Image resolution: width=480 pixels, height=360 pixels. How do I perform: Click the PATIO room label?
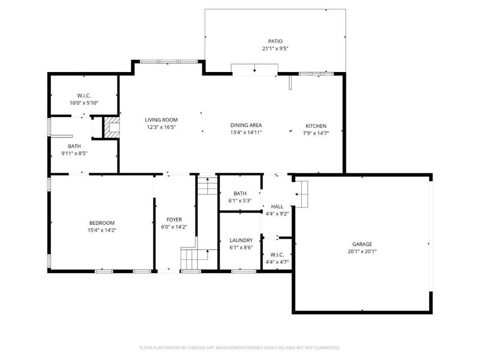tap(275, 41)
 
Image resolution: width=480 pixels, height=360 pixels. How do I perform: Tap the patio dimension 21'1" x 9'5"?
tap(275, 49)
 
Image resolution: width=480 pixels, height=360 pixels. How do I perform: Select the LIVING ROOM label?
tap(161, 119)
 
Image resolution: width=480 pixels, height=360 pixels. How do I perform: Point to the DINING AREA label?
tap(246, 125)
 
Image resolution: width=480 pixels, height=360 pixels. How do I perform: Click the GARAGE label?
tap(362, 244)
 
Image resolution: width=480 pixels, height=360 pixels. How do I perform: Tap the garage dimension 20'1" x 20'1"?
tap(362, 251)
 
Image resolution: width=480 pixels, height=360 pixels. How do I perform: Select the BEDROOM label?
tap(101, 223)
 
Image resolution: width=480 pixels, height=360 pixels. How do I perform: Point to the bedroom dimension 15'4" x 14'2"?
tap(101, 230)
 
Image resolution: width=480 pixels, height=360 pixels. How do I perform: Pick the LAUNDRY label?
tap(240, 240)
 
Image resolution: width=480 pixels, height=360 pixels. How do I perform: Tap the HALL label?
tap(277, 206)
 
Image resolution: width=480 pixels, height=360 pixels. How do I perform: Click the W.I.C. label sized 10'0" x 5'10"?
tap(83, 96)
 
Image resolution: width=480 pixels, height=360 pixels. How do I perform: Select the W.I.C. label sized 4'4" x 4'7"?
tap(277, 255)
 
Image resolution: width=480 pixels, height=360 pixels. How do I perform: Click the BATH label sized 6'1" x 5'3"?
tap(240, 193)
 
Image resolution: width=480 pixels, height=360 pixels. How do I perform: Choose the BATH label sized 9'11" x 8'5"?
tap(74, 146)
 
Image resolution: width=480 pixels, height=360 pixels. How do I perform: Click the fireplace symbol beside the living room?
tap(112, 127)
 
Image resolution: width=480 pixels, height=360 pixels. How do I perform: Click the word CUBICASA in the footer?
tap(213, 347)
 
